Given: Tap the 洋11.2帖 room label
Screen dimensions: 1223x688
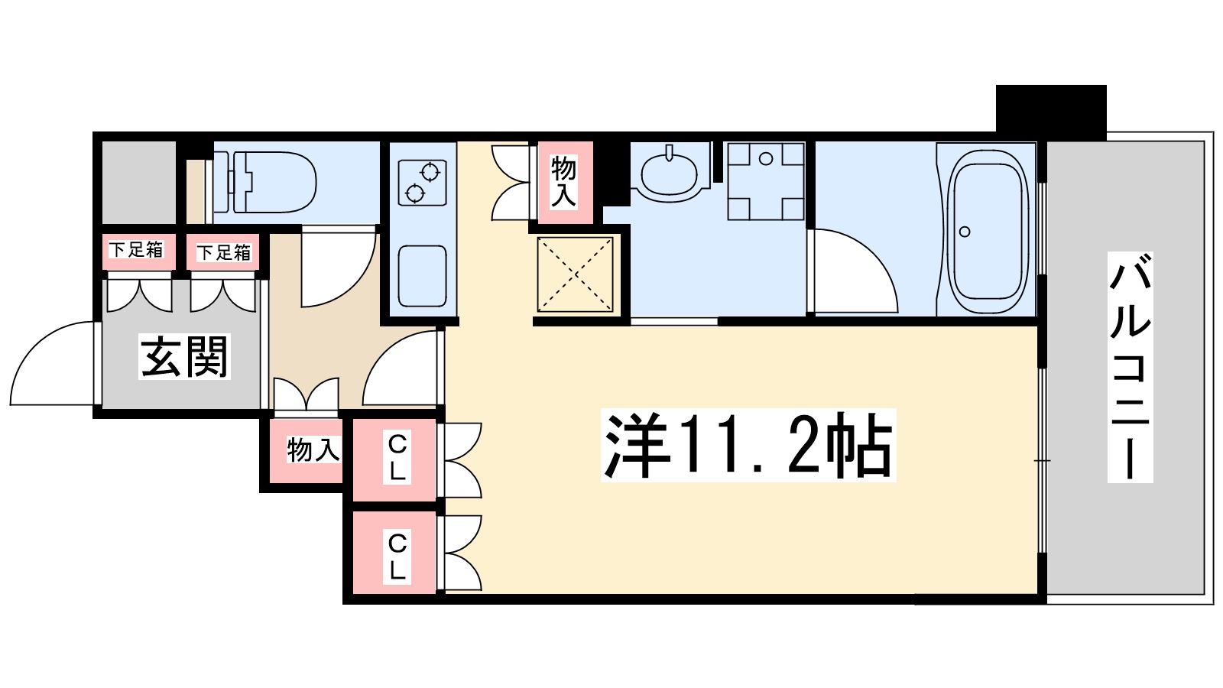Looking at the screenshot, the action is [748, 445].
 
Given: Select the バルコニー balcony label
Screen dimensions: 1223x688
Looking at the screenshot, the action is [1130, 367].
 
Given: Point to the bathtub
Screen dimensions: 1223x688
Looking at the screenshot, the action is [988, 232].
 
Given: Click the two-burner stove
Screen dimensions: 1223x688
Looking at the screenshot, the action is [423, 183].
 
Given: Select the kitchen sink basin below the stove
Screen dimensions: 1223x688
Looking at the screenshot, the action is [423, 276].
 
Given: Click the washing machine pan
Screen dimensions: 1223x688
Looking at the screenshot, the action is [766, 181].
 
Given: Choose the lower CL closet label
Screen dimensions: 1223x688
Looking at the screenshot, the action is [397, 557].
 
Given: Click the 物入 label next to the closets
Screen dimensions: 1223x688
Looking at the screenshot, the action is [313, 450].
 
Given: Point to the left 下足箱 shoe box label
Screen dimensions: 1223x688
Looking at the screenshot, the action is [137, 250].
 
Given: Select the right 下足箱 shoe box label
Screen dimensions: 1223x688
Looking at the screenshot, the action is [224, 252].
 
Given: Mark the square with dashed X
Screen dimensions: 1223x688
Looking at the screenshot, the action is [576, 274].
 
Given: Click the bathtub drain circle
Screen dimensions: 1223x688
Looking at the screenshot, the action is [965, 232].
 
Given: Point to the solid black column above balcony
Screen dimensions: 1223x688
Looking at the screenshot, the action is [1051, 112].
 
